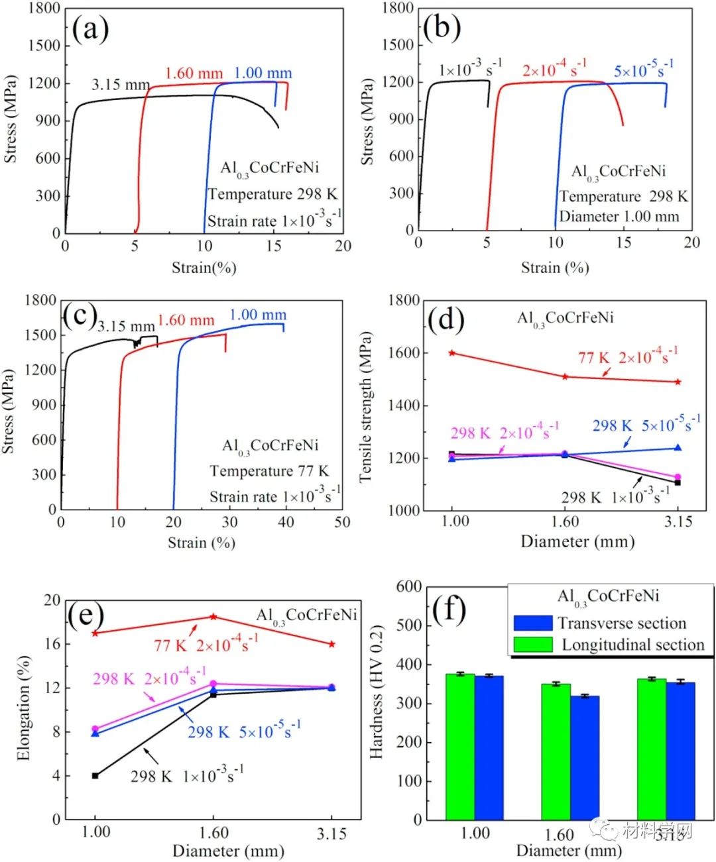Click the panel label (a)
coord(90,29)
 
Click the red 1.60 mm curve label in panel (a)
coord(194,73)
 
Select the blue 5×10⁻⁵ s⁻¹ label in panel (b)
coord(643,69)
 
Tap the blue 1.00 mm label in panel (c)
coord(258,315)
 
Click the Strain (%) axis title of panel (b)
coord(554,268)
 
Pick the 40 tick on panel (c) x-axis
coord(286,522)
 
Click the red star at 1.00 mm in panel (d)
coord(452,352)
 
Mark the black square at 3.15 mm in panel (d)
coord(678,482)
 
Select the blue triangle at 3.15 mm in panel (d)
coord(678,448)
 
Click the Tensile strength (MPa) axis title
coord(365,406)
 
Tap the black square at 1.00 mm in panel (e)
coord(95,775)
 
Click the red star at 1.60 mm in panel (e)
coord(213,617)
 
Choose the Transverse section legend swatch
coord(532,623)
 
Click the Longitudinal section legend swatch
coord(532,644)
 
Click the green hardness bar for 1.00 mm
coord(460,747)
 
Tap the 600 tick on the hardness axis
coord(408,586)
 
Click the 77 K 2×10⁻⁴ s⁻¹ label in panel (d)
coord(627,357)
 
